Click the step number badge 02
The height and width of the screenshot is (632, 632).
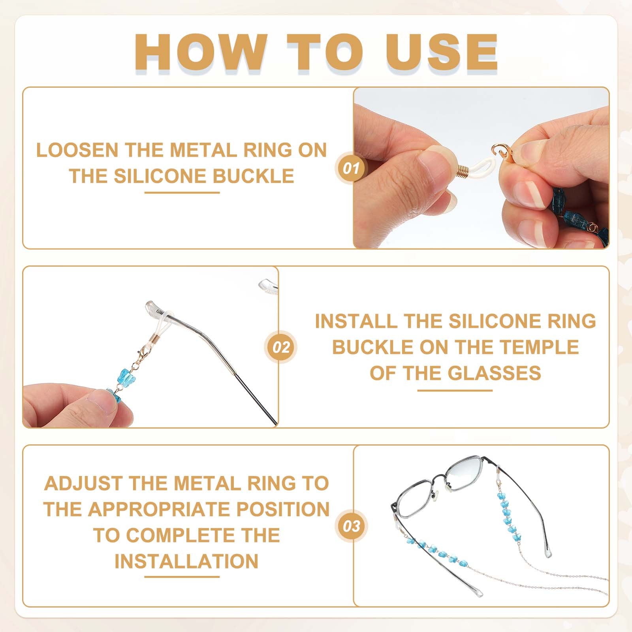click(281, 347)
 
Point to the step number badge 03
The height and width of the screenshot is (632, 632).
click(351, 526)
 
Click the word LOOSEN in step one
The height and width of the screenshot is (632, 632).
click(77, 150)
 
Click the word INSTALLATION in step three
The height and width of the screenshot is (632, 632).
click(186, 561)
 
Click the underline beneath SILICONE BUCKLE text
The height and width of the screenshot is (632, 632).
click(182, 193)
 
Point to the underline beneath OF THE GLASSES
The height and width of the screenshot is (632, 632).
click(455, 390)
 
